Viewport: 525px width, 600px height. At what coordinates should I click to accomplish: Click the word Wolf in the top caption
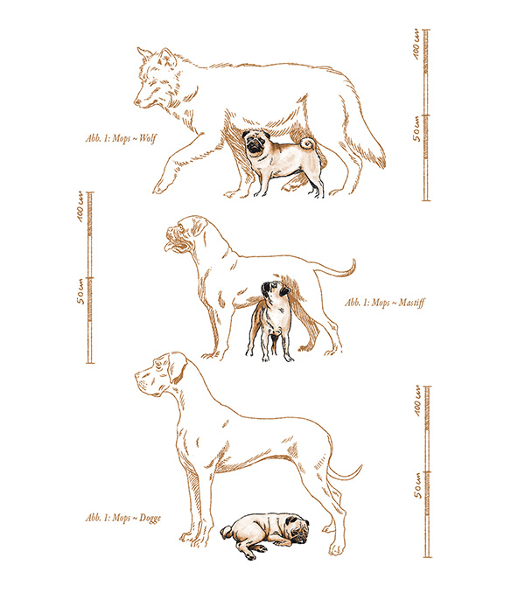[148, 138]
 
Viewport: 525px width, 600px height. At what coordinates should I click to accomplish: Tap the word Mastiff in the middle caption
[411, 303]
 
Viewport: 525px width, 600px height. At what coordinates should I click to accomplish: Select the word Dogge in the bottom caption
[150, 518]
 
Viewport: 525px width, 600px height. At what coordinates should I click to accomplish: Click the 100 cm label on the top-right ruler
[416, 45]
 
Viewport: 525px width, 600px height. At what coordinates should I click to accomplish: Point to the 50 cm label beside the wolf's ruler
[416, 129]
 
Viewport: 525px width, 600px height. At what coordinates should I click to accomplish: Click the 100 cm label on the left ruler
[80, 208]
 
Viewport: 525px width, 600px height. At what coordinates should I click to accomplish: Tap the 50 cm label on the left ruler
[80, 291]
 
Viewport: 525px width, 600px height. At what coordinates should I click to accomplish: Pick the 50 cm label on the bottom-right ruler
[417, 485]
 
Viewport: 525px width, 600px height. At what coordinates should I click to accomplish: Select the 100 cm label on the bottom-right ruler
[416, 401]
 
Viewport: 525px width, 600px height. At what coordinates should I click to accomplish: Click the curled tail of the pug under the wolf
[307, 144]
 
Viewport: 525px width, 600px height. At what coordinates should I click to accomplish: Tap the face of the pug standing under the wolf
[254, 143]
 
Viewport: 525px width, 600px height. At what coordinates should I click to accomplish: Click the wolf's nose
[136, 102]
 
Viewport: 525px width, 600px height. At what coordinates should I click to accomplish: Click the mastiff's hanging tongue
[169, 247]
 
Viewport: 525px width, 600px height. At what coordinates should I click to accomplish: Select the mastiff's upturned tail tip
[353, 265]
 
